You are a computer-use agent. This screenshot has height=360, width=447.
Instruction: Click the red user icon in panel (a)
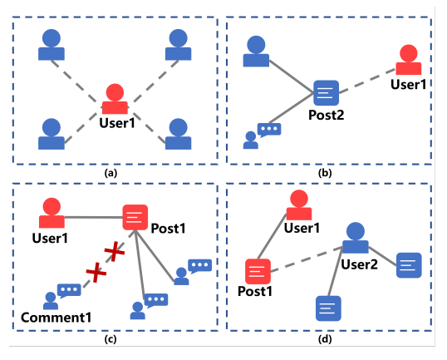point(115,99)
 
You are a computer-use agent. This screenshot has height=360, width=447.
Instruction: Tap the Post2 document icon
point(327,93)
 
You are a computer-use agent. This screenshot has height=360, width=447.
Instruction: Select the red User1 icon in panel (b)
point(409,60)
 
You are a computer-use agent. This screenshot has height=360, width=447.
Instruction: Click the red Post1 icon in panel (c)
point(135,217)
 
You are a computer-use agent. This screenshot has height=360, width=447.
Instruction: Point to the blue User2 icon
point(356,238)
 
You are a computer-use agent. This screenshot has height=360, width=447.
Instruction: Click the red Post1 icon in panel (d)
point(258,271)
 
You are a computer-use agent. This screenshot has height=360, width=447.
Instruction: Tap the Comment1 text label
point(56,318)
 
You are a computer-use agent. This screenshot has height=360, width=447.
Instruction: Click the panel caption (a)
point(111,173)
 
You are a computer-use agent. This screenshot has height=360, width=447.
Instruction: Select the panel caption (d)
point(325,339)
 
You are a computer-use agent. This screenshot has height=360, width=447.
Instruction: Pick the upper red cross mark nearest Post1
point(115,251)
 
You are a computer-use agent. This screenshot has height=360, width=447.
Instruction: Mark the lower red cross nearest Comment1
point(96,273)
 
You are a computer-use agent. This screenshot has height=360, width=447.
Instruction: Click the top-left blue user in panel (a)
point(52,45)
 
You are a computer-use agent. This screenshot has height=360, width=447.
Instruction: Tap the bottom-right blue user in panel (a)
point(178,134)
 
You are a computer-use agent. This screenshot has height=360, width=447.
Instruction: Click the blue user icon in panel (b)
point(256,52)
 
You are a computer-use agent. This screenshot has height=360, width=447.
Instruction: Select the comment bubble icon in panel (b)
point(262,136)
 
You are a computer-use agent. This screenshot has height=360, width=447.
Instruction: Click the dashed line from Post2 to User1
point(367,81)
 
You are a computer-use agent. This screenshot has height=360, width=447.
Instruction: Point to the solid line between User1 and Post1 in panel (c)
point(94,217)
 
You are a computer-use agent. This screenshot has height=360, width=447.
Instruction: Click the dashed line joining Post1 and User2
point(307,259)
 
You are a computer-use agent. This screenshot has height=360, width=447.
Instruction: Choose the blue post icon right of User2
point(409,265)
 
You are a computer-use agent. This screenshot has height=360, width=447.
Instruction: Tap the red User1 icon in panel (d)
point(299,205)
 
